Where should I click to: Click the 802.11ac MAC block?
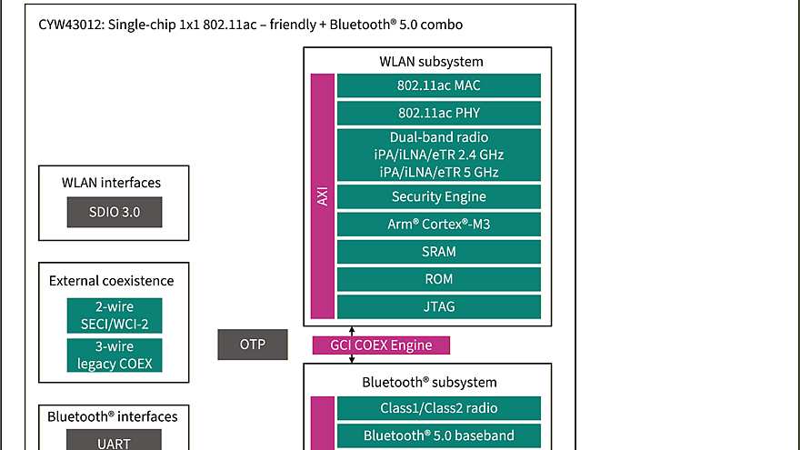pos(439,85)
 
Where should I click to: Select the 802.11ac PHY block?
pos(439,113)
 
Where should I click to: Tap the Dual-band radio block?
pos(439,155)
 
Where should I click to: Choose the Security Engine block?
pos(439,196)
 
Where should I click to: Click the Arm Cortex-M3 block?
pos(439,224)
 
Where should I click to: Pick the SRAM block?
pos(439,251)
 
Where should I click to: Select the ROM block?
pos(439,278)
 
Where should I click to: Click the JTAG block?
pos(439,306)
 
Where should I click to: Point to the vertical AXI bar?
pos(323,196)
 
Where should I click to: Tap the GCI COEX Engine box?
pos(380,345)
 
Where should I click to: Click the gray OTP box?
pos(253,345)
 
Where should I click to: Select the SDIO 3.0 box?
pos(115,212)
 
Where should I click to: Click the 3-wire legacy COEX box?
pos(115,355)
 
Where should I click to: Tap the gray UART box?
pos(115,442)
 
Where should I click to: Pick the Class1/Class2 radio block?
pos(439,408)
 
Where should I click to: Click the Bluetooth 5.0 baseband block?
pos(439,435)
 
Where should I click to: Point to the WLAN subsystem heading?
pos(431,62)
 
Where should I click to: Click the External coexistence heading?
pos(111,280)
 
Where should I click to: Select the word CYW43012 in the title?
pos(70,25)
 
